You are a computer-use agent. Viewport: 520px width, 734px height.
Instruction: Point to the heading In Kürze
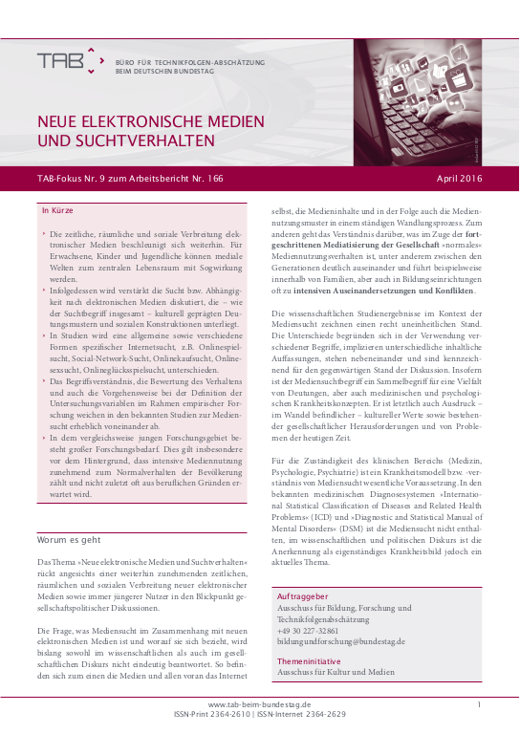point(57,209)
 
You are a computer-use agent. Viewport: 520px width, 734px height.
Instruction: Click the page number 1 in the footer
point(479,704)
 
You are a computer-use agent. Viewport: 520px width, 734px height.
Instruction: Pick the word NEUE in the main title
point(56,121)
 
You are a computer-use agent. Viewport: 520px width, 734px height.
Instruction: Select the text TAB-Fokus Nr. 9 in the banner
point(68,179)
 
